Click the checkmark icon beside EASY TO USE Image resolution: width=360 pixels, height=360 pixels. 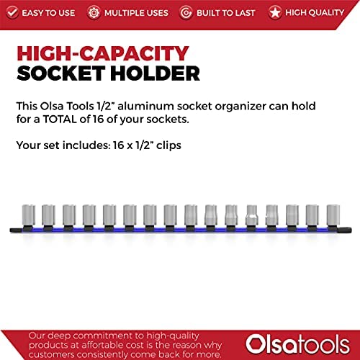click(12, 12)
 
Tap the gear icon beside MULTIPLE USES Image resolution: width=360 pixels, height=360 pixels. click(94, 13)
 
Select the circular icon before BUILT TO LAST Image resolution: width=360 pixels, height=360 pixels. click(186, 13)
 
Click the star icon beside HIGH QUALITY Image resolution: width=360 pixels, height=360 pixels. click(275, 12)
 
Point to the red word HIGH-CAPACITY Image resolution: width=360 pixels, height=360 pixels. click(103, 53)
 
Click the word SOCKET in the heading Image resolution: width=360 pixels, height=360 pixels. click(60, 73)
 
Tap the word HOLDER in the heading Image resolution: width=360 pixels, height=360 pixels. click(155, 73)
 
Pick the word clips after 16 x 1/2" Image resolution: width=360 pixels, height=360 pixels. click(168, 145)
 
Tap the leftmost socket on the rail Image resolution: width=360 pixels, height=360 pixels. click(28, 215)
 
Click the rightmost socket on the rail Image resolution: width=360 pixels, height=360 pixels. click(333, 215)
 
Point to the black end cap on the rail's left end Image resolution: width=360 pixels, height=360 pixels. click(16, 230)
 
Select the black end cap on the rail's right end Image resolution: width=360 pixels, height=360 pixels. click(346, 230)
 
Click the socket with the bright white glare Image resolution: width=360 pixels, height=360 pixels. click(251, 215)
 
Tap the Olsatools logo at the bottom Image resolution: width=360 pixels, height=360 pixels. click(297, 345)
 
